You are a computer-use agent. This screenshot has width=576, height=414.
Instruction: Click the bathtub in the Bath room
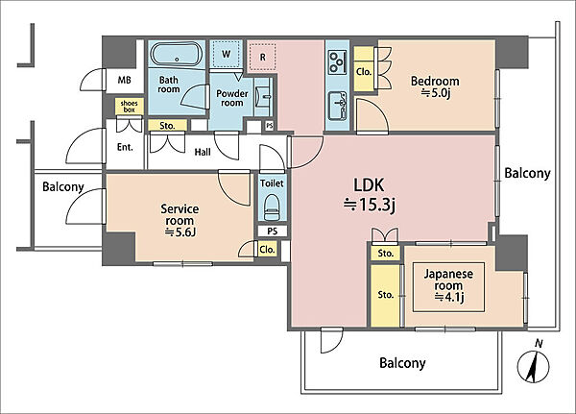[177, 55]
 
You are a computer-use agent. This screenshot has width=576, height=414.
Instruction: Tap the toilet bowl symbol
[272, 207]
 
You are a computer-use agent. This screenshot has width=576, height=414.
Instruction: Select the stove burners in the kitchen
[337, 61]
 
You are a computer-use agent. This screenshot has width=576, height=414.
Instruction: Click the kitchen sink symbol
[337, 106]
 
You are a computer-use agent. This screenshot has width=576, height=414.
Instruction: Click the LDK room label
[369, 185]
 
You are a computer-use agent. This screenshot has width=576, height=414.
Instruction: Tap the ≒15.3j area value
[370, 205]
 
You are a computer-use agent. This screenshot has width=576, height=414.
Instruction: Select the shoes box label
[129, 107]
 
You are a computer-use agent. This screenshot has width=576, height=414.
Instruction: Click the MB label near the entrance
[124, 80]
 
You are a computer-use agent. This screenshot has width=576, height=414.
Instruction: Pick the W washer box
[227, 54]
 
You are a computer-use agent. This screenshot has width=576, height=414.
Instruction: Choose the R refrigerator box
[262, 57]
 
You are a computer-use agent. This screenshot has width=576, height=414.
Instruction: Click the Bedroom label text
[435, 81]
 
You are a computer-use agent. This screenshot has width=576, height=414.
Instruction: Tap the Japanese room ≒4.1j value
[449, 297]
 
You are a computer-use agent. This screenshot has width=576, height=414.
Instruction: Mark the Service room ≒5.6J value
[180, 232]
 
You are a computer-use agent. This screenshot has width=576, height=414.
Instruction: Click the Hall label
[203, 152]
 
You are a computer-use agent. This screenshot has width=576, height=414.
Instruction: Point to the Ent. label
[125, 147]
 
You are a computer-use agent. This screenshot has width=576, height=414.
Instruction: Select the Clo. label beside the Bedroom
[364, 72]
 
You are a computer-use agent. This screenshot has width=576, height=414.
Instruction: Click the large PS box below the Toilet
[273, 231]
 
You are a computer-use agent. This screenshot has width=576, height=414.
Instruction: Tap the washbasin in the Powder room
[264, 97]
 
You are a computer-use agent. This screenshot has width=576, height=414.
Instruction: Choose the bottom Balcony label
[402, 363]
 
